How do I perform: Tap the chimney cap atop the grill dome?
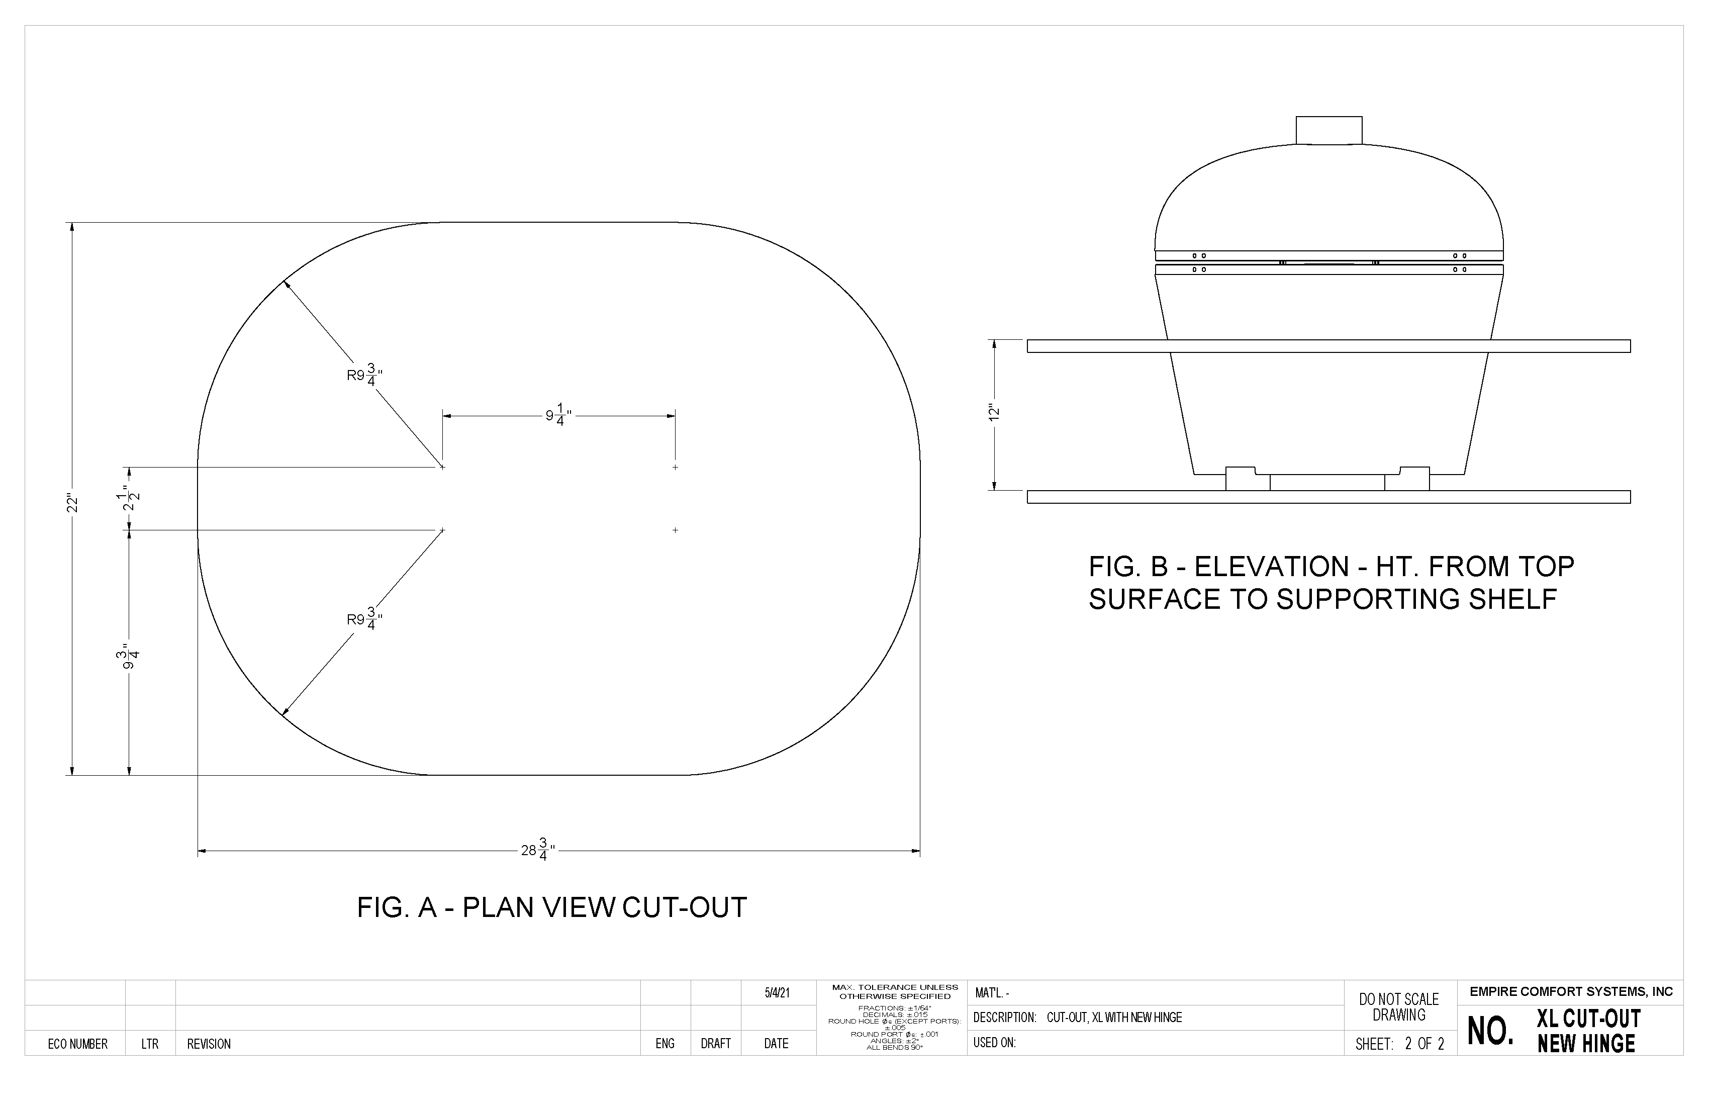(x=1328, y=130)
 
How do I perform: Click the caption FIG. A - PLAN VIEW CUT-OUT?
(x=551, y=908)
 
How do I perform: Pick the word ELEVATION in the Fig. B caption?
(x=1271, y=568)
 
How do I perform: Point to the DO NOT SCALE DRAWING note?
(x=1399, y=1007)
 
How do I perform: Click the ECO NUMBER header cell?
(x=77, y=1044)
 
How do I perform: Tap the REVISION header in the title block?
(x=209, y=1044)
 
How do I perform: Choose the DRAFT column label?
(x=715, y=1044)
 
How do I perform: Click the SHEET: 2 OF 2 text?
(x=1399, y=1044)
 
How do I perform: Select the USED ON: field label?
(x=995, y=1043)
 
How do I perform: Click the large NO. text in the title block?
(x=1491, y=1031)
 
